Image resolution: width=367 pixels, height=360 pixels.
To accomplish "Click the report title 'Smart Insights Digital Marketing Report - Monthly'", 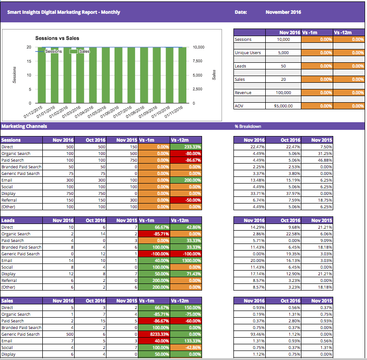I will pos(64,12).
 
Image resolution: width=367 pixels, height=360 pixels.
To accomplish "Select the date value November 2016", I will pos(283,12).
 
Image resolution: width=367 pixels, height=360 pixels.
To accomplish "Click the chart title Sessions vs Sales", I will pos(57,38).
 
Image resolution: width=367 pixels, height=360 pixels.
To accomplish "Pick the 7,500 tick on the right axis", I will pos(198,61).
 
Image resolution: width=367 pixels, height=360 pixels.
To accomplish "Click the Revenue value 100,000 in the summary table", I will pos(284,93).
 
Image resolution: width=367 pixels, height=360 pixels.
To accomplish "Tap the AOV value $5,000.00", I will pos(284,106).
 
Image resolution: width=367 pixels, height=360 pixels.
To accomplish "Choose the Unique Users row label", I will pos(248,53).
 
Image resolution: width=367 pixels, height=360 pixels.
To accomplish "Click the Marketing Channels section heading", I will pos(24,126).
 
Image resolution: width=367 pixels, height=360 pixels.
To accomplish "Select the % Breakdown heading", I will pos(248,126).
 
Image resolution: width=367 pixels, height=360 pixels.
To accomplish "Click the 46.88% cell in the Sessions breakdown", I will pos(324,160).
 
